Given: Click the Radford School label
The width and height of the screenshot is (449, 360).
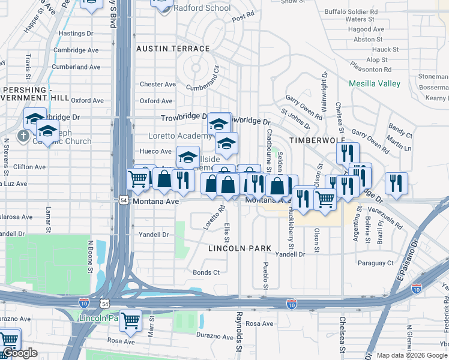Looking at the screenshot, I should (201, 8).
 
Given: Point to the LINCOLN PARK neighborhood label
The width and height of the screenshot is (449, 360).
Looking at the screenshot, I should (240, 248).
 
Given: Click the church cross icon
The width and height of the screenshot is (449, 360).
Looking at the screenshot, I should (23, 136).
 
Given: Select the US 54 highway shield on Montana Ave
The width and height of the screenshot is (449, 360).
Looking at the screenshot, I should (123, 200).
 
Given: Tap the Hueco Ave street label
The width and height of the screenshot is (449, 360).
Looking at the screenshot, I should (155, 152).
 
